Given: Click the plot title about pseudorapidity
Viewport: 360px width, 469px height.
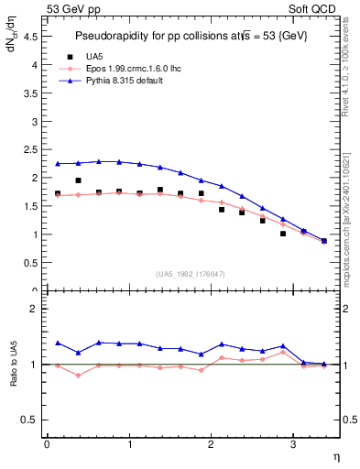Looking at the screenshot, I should [192, 35].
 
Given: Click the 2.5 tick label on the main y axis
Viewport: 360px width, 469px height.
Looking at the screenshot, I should [33, 149].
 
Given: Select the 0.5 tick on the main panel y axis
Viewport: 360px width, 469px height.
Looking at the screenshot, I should [33, 263].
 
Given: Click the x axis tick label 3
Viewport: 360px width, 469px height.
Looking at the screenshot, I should [292, 444].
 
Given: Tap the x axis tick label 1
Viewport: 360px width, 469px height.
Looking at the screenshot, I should [128, 444].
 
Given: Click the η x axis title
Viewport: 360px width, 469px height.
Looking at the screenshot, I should [334, 457].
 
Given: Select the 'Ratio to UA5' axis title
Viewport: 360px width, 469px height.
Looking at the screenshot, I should [14, 379].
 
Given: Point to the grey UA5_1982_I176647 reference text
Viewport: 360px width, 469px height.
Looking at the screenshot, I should [192, 274].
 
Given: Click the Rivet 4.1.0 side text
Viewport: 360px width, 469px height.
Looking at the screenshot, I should [348, 69].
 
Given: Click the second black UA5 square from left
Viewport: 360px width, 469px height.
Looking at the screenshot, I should [79, 180].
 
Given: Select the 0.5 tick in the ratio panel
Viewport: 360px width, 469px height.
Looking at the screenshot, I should [33, 420].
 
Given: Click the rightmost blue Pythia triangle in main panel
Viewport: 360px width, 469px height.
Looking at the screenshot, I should [323, 240].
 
